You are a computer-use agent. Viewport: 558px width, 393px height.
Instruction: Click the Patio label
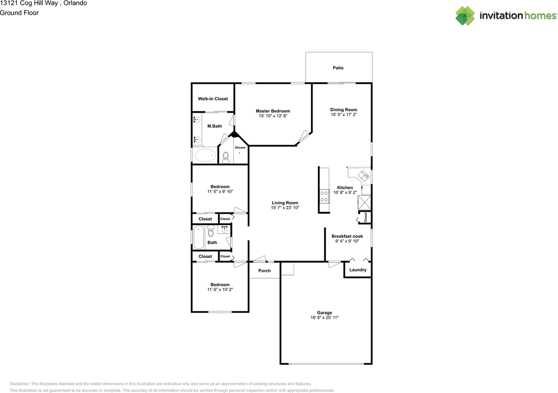[x=338, y=68]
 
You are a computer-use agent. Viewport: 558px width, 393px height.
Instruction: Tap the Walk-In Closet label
[x=213, y=99]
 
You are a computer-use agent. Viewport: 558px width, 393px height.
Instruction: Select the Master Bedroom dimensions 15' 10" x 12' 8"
[x=272, y=116]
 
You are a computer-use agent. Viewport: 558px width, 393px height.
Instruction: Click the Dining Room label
[x=344, y=110]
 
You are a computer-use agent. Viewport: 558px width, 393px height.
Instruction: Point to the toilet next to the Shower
[x=226, y=158]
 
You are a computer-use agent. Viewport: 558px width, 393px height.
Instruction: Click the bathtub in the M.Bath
[x=205, y=155]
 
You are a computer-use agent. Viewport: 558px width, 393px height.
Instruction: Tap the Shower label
[x=240, y=148]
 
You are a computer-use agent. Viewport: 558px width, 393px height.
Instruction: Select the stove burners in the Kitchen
[x=324, y=196]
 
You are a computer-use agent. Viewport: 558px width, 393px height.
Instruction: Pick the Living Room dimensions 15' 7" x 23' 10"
[x=285, y=208]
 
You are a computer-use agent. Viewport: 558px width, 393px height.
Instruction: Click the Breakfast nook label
[x=347, y=236]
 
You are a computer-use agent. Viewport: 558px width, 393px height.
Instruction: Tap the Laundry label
[x=358, y=270]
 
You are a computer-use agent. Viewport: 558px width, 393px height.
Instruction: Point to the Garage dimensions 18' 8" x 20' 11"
[x=324, y=318]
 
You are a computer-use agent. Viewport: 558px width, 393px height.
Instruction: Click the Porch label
[x=264, y=271]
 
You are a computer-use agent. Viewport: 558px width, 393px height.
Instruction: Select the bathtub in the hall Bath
[x=199, y=238]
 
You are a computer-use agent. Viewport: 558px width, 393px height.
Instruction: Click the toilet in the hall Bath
[x=211, y=230]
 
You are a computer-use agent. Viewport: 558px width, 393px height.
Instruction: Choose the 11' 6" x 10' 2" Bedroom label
[x=220, y=285]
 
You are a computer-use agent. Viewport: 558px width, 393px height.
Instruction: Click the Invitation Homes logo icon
[x=465, y=16]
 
